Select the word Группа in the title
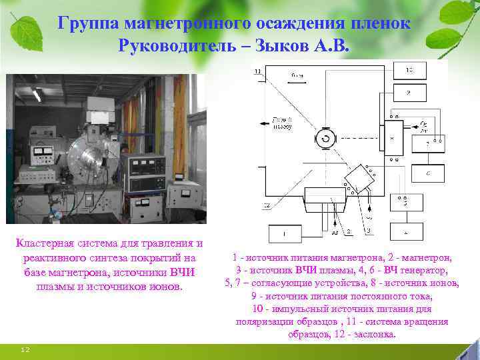point(83,22)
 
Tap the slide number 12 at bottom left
point(25,349)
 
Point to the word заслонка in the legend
point(373,334)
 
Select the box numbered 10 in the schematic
point(409,70)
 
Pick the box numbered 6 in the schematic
point(427,173)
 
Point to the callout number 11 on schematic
point(257,71)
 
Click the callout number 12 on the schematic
point(266,205)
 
